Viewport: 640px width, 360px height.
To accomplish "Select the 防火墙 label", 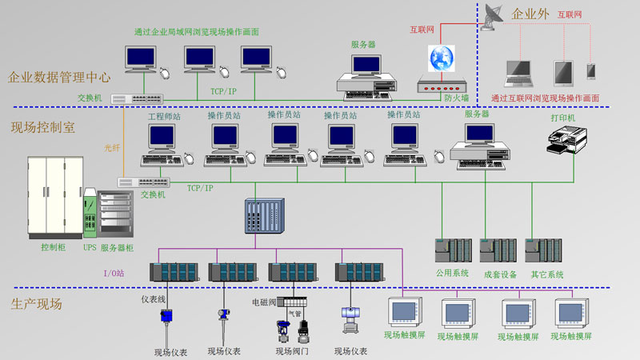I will coord(455,98).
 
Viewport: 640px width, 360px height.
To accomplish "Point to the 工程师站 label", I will coord(164,116).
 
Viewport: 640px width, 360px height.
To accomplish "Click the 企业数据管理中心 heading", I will coord(59,78).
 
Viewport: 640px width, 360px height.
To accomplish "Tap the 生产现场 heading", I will coord(36,304).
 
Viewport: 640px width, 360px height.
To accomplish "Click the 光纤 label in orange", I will coord(111,148).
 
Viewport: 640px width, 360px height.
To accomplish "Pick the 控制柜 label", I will coord(53,248).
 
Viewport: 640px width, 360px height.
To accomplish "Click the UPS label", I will coord(90,248).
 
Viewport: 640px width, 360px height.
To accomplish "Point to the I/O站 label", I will coord(114,273).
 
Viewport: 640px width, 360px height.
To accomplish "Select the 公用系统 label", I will coord(452,274).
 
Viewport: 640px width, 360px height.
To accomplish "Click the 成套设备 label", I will coord(500,274).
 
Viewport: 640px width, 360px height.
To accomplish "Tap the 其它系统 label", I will coord(547,274).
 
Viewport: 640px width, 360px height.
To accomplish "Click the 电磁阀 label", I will coord(263,302).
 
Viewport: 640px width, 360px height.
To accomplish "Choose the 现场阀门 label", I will coord(292,351).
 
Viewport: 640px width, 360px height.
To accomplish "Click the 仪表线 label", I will coord(152,300).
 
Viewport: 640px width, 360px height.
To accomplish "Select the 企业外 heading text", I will coord(530,14).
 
